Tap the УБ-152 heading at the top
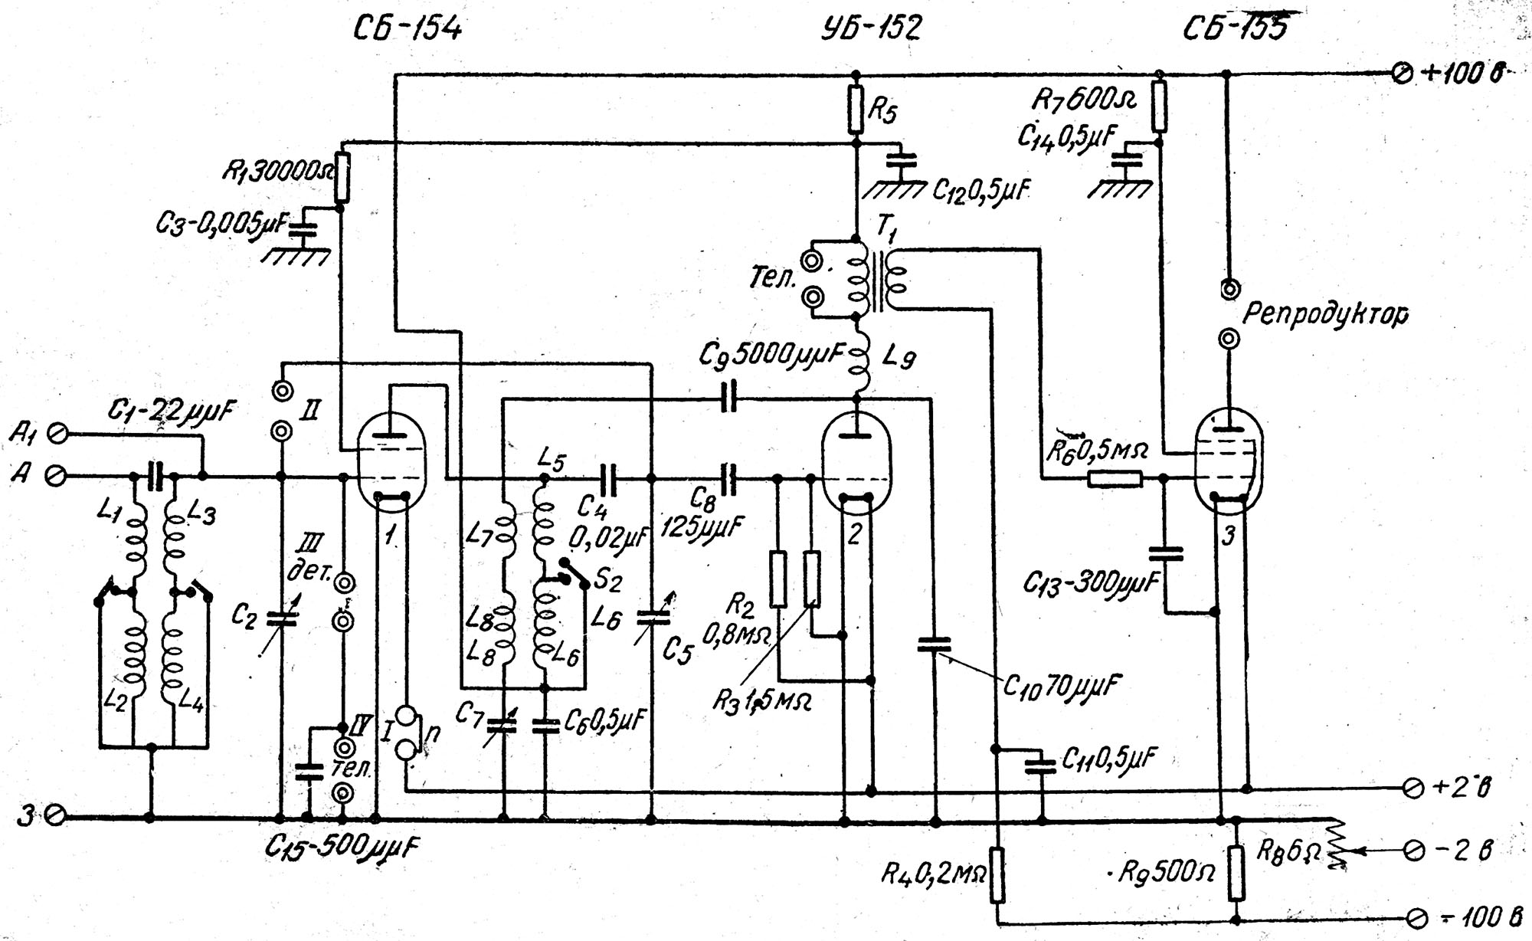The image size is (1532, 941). pyautogui.click(x=870, y=28)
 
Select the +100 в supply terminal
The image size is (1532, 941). pyautogui.click(x=1402, y=74)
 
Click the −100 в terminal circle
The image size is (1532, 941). pyautogui.click(x=1416, y=917)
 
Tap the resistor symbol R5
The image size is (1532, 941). pyautogui.click(x=856, y=109)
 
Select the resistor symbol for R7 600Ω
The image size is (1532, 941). pyautogui.click(x=1159, y=107)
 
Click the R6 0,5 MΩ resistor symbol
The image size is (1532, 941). pyautogui.click(x=1115, y=480)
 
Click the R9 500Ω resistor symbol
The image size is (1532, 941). pyautogui.click(x=1236, y=874)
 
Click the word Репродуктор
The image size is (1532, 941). pyautogui.click(x=1324, y=315)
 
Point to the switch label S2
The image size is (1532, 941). pyautogui.click(x=607, y=580)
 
